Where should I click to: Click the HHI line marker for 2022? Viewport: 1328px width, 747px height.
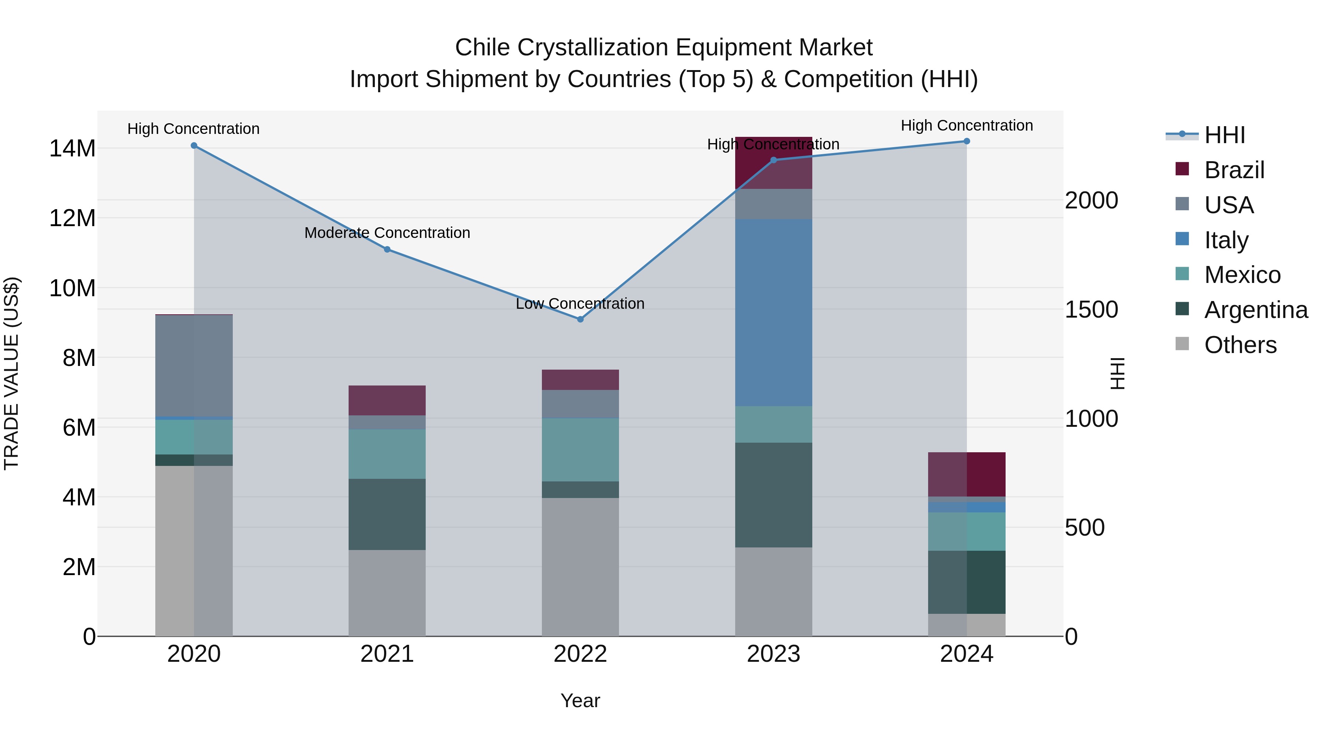click(x=580, y=319)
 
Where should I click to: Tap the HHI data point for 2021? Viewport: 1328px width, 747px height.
click(x=387, y=249)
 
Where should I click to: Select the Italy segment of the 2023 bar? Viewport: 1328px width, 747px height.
click(x=773, y=312)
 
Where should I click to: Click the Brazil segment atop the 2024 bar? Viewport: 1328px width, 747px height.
click(x=966, y=474)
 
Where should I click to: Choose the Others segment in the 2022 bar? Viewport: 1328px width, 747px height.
click(x=580, y=567)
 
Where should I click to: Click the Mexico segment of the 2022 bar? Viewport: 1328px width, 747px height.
click(x=580, y=450)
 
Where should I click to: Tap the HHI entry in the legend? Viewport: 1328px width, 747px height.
click(x=1224, y=135)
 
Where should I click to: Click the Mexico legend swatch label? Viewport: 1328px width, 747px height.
click(x=1242, y=275)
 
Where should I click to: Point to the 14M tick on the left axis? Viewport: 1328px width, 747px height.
click(x=72, y=148)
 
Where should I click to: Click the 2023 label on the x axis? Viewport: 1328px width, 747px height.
click(x=773, y=654)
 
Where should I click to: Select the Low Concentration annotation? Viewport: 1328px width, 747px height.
click(x=580, y=304)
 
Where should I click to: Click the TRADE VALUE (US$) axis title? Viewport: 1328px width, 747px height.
click(x=11, y=373)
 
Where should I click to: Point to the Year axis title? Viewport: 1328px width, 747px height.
click(x=580, y=701)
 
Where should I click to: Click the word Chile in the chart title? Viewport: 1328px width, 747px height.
click(x=483, y=48)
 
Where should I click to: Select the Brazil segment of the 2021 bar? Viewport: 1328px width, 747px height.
click(x=387, y=400)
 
